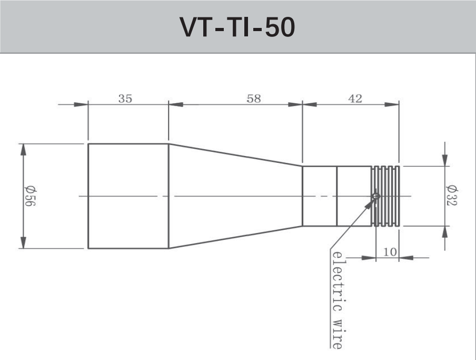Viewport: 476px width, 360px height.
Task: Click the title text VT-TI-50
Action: click(x=237, y=27)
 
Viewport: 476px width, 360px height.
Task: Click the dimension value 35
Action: click(x=125, y=99)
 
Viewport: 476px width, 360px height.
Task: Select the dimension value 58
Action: click(x=254, y=99)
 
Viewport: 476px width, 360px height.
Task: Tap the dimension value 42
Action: click(x=356, y=99)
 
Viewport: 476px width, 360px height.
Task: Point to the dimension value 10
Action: click(x=390, y=252)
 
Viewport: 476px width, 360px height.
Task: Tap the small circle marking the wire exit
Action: click(x=375, y=196)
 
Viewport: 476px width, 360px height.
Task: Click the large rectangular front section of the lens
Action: click(x=128, y=196)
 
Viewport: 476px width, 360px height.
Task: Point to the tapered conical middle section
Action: click(x=235, y=196)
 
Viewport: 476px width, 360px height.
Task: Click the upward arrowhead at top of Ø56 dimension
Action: click(x=23, y=149)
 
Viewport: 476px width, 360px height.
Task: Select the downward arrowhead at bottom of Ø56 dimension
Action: click(x=23, y=242)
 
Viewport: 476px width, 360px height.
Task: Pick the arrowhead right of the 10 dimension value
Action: click(x=406, y=258)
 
